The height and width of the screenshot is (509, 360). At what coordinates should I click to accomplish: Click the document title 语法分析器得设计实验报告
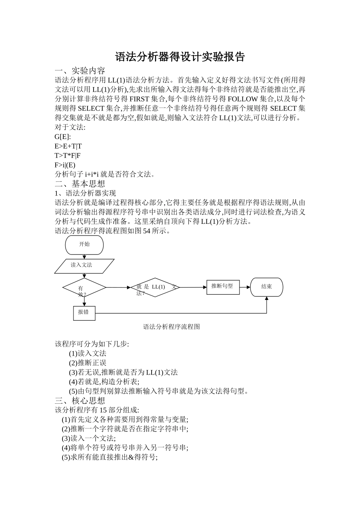point(180,57)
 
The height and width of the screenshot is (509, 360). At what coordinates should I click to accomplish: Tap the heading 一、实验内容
point(80,71)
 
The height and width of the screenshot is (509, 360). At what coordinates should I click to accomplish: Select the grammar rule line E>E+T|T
point(68,146)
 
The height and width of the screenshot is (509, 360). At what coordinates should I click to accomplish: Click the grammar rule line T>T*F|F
point(67,156)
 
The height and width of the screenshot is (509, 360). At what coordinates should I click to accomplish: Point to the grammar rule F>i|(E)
point(65,165)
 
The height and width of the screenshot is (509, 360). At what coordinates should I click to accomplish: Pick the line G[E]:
point(63,137)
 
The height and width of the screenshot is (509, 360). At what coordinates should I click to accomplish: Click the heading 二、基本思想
point(80,184)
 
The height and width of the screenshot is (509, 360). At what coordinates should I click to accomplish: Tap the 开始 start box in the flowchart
point(85,245)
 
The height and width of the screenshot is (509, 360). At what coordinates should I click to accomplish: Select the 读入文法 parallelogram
point(84,265)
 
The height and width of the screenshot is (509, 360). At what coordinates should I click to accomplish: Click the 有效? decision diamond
point(84,288)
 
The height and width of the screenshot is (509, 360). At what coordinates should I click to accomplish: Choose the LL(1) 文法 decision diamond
point(155,287)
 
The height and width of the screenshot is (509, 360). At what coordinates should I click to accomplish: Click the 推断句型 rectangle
point(223,287)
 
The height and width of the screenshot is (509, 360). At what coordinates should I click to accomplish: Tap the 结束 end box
point(266,287)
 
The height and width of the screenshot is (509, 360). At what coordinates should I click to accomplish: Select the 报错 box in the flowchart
point(84,312)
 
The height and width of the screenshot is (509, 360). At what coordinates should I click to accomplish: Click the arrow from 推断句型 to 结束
point(245,287)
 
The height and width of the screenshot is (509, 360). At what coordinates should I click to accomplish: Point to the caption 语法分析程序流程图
point(171,327)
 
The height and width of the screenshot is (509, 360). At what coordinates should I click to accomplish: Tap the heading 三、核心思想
point(80,401)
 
